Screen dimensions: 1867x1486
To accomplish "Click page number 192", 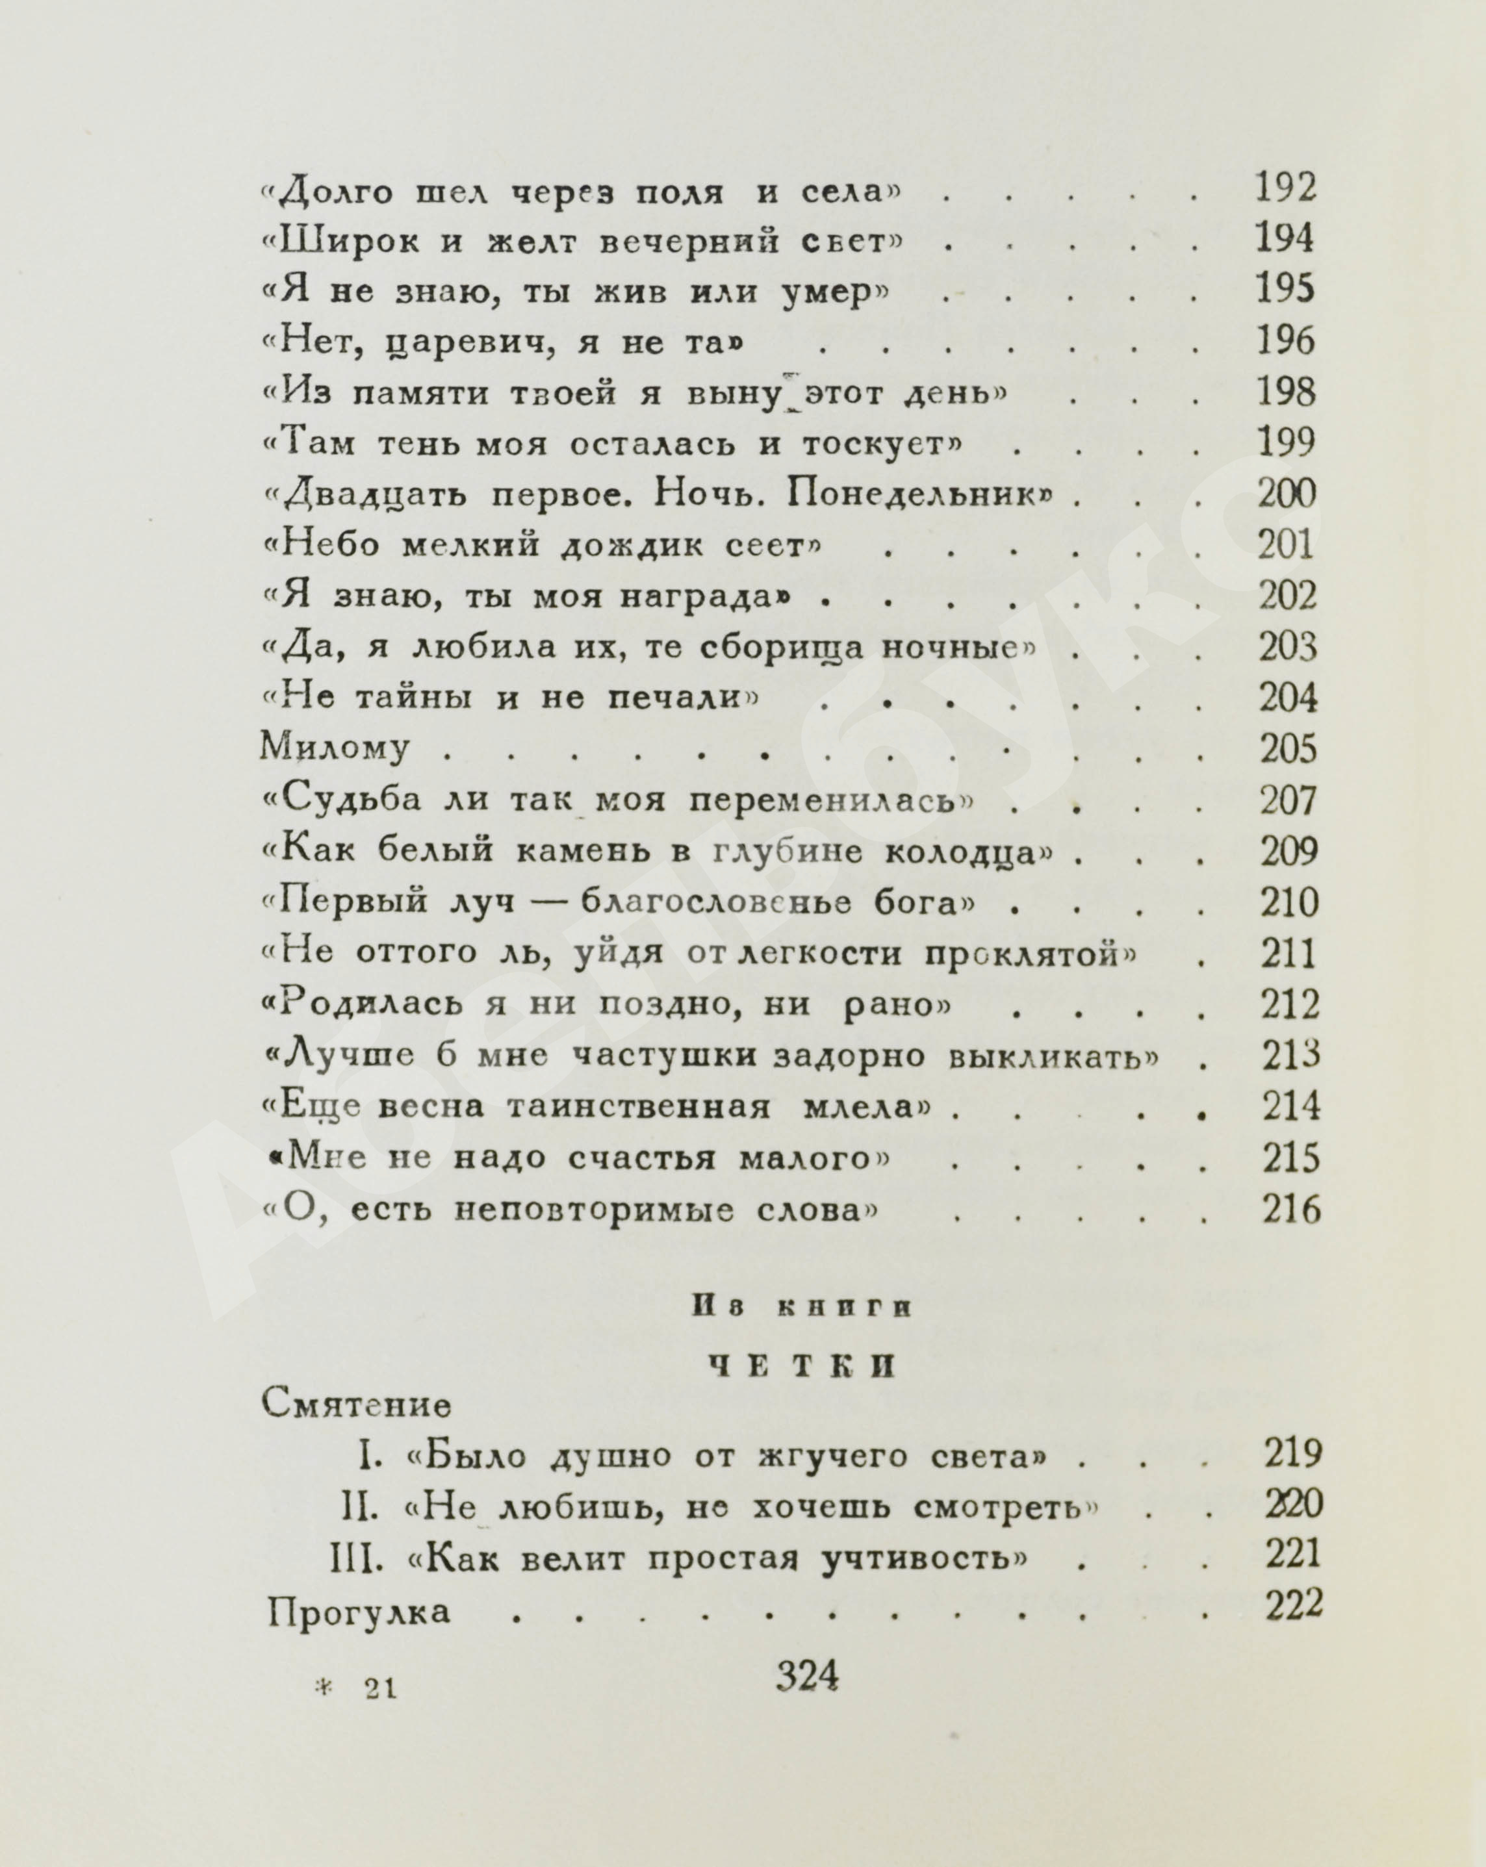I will point(1285,188).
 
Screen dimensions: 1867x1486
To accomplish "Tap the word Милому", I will point(335,748).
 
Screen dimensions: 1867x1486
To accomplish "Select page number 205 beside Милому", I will point(1288,748).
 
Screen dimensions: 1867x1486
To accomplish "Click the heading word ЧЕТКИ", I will point(802,1365).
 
